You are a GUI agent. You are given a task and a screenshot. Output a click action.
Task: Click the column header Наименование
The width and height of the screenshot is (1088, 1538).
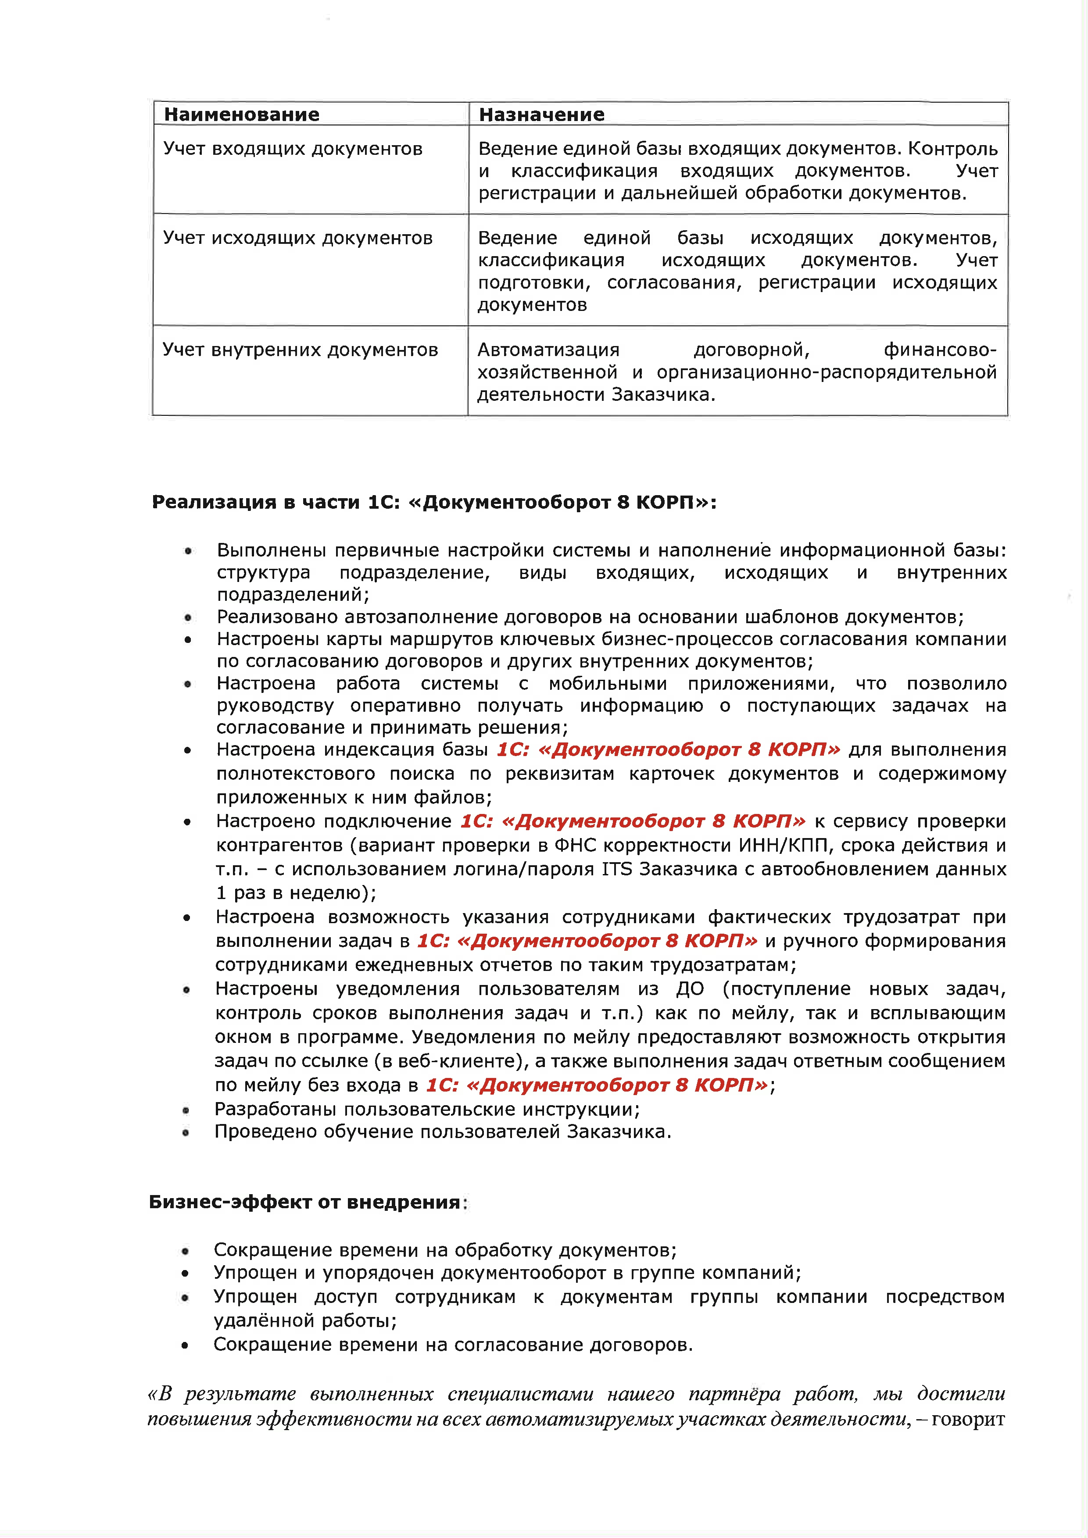point(241,114)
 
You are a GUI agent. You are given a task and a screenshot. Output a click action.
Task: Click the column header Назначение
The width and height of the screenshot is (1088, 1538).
point(541,114)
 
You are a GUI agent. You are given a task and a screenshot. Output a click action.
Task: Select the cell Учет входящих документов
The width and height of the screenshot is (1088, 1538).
point(293,149)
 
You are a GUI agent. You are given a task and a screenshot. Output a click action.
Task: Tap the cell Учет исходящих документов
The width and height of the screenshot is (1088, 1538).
point(297,238)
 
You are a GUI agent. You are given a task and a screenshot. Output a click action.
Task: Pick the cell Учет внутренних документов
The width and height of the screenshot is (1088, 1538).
point(300,350)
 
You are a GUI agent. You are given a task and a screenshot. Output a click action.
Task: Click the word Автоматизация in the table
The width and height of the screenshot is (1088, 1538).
point(548,350)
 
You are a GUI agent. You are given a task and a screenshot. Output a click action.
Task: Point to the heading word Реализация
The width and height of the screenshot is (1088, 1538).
point(214,503)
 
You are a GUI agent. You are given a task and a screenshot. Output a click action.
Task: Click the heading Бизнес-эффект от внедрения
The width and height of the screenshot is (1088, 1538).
point(305,1203)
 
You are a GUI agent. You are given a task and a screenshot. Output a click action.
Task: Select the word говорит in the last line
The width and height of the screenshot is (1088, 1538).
point(968,1419)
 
